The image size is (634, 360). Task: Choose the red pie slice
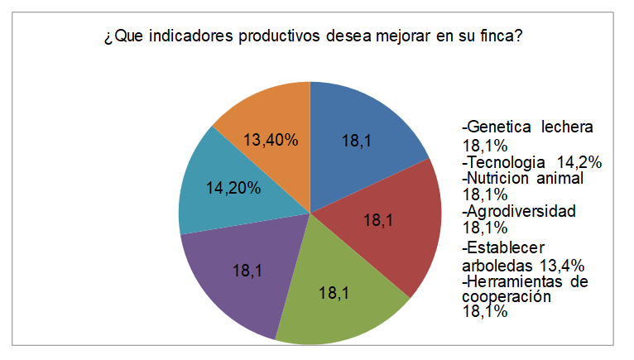coord(389,228)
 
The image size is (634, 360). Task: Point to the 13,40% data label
coord(270,141)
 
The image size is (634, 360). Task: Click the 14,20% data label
coord(233,187)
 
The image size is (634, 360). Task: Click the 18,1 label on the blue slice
coord(356,141)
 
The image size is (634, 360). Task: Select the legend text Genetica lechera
coord(530,127)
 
